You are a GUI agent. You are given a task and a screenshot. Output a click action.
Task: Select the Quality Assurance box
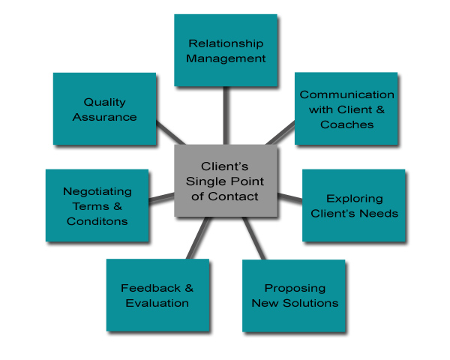point(104,109)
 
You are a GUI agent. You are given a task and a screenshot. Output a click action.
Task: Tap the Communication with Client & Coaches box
point(346,109)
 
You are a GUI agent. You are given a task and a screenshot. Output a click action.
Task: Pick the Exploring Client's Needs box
point(354,205)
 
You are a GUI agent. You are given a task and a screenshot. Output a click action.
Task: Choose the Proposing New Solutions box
point(295,295)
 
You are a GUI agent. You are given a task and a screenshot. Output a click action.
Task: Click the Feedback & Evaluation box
point(157,295)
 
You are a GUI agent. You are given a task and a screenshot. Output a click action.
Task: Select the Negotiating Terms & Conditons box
point(97,205)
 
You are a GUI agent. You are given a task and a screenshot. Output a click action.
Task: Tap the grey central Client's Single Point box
point(226,181)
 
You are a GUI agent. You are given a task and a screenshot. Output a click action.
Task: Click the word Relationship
point(225,43)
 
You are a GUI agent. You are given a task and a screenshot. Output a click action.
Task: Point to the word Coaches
point(346,124)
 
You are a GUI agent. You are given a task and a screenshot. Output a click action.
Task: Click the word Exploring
point(354,199)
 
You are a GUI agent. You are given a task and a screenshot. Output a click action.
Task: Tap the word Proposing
point(295,288)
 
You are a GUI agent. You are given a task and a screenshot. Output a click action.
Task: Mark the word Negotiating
point(97,191)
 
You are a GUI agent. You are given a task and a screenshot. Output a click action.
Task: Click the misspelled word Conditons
point(97,221)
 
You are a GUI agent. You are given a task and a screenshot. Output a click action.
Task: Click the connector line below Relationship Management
point(225,116)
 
